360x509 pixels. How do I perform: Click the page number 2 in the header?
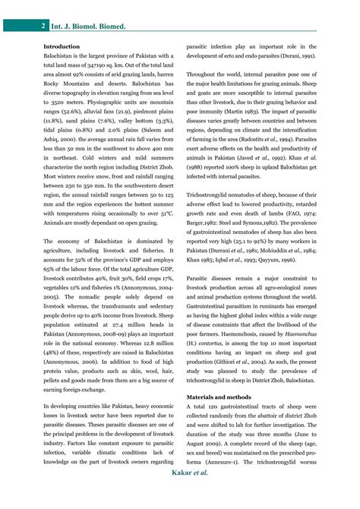tap(43, 26)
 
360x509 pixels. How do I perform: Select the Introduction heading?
tap(62, 46)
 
